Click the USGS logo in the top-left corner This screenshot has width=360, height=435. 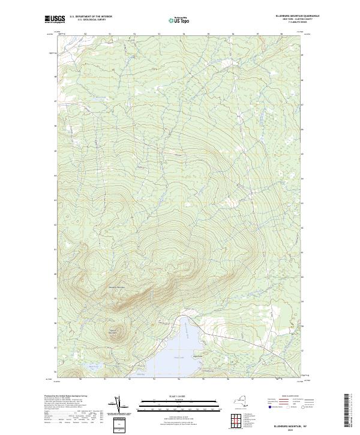click(x=55, y=19)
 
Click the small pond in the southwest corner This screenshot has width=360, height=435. click(x=91, y=366)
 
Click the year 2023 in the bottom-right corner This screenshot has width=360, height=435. click(x=291, y=428)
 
